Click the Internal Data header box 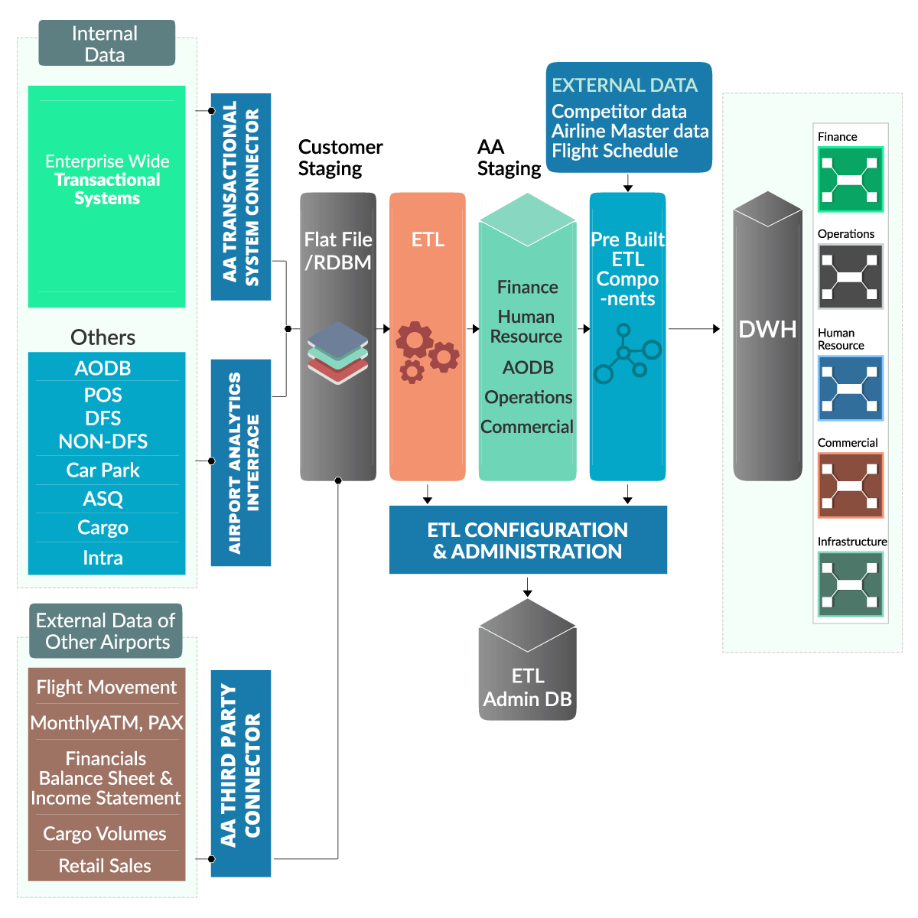coord(106,44)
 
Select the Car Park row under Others coord(103,470)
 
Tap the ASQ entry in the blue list coord(103,499)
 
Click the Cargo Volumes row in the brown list coord(105,834)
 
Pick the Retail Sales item coord(105,866)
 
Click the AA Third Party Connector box coord(241,773)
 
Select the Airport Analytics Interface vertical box coord(241,463)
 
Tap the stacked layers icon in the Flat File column coord(337,353)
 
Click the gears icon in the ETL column coord(427,351)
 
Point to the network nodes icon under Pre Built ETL coord(627,353)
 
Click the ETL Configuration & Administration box coord(528,540)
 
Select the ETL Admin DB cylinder coord(528,666)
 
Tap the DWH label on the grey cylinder coord(767,330)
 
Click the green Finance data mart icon coord(850,180)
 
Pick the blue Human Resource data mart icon coord(850,388)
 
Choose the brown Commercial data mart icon coord(850,485)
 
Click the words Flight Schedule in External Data coord(614,151)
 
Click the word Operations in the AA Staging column coord(528,398)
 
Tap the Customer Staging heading coord(340,158)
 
